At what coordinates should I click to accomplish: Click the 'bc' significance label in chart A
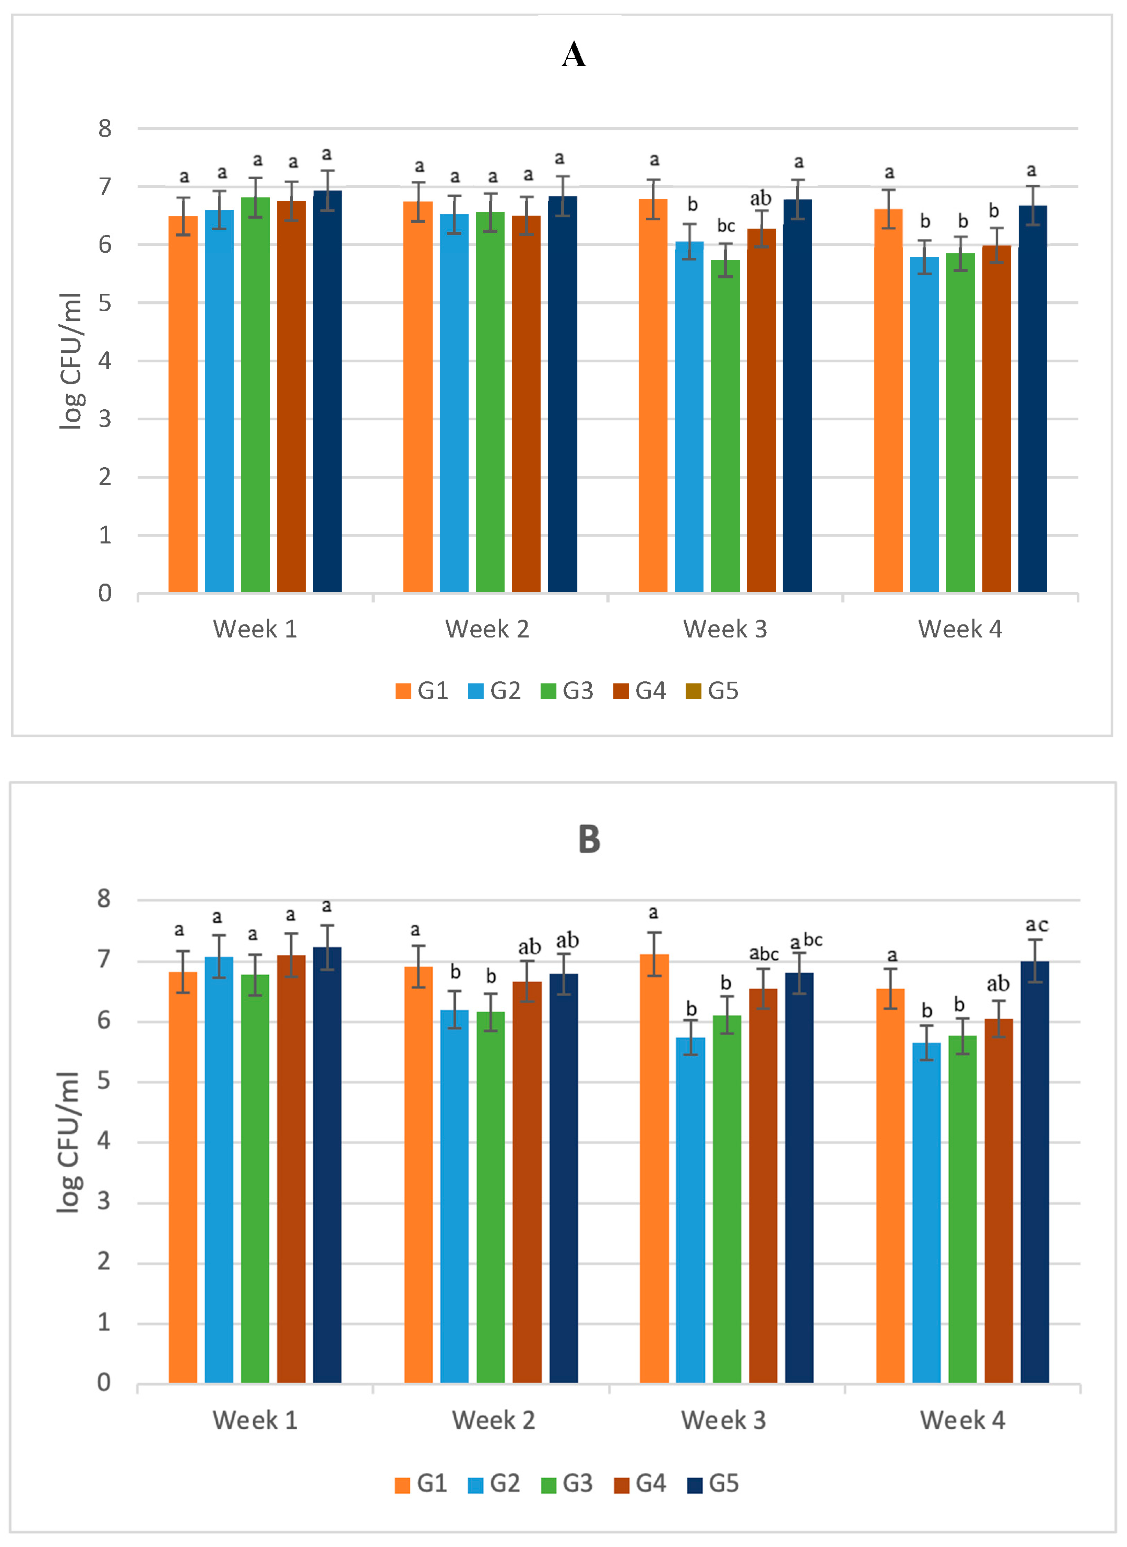(x=726, y=226)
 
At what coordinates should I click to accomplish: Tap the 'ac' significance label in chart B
(x=1037, y=925)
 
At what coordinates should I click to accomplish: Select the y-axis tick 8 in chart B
(x=104, y=899)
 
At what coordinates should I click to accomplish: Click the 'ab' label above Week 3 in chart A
(x=761, y=199)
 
